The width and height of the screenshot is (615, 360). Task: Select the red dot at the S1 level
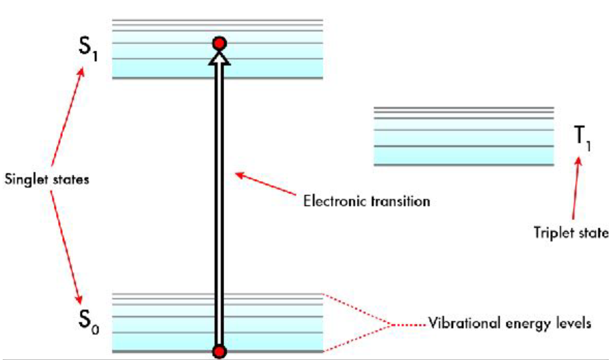tap(219, 44)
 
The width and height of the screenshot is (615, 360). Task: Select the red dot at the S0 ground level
tap(219, 352)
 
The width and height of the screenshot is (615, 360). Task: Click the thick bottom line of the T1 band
tap(463, 165)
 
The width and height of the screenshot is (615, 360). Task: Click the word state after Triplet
tap(594, 233)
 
